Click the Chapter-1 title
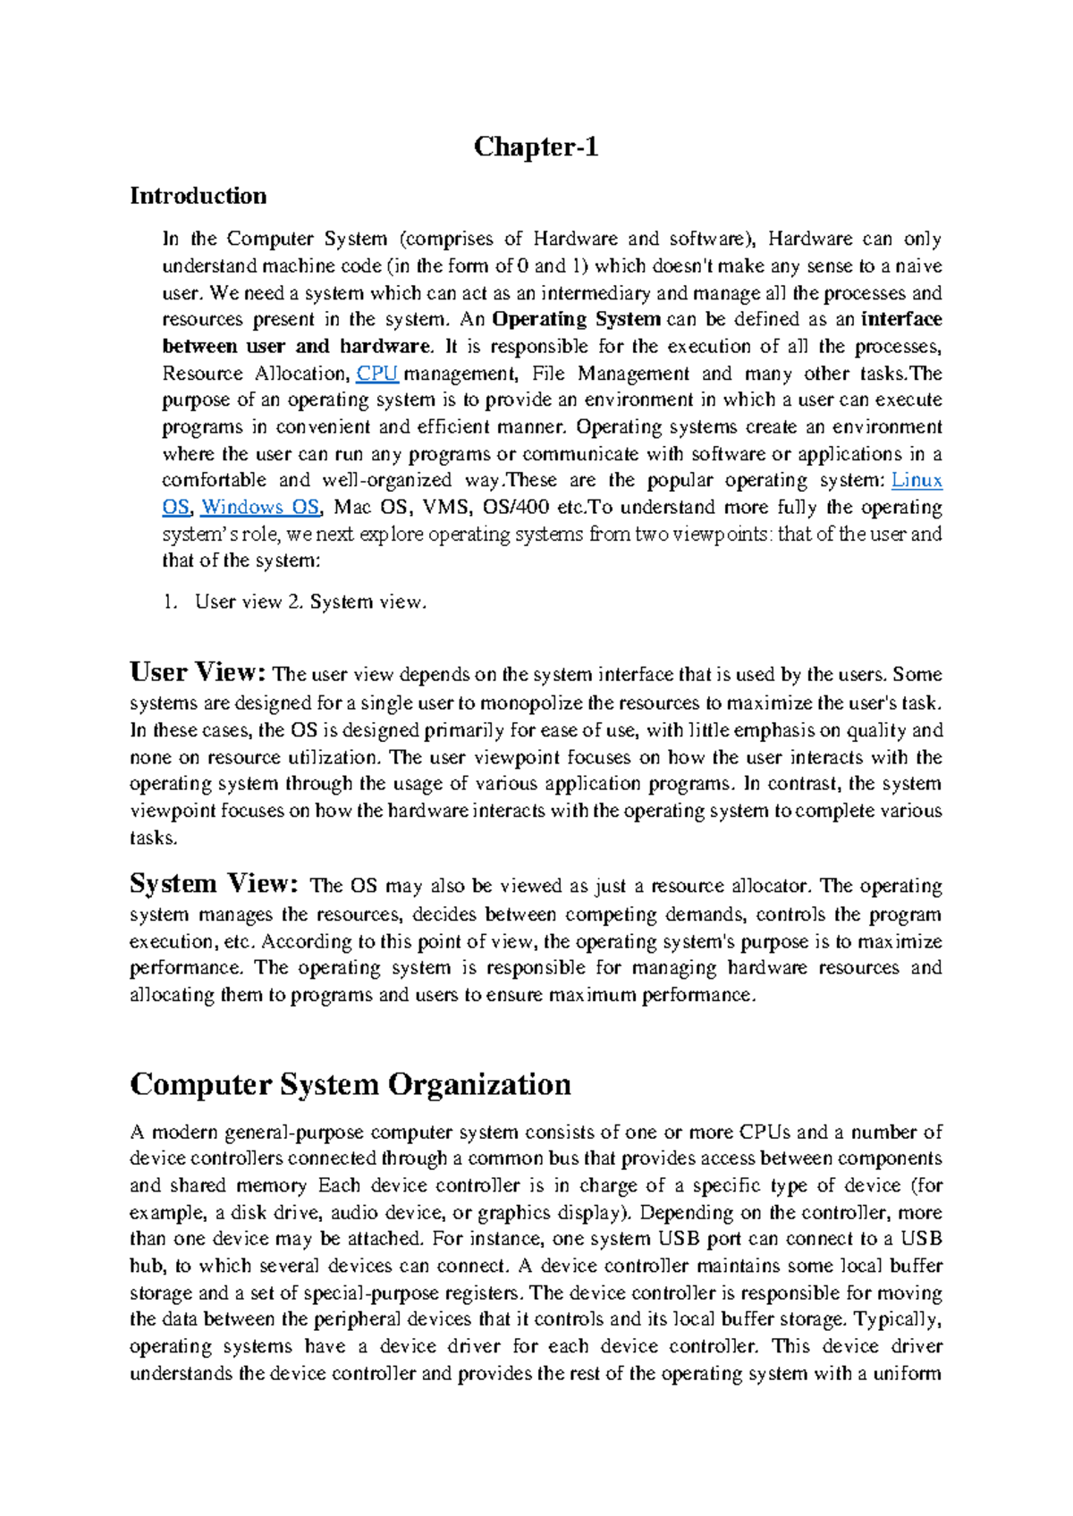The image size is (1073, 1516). pyautogui.click(x=536, y=147)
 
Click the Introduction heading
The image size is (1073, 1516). pyautogui.click(x=198, y=196)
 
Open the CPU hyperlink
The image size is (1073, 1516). pyautogui.click(x=376, y=374)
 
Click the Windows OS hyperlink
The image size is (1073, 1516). pyautogui.click(x=259, y=508)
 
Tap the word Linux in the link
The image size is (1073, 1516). pyautogui.click(x=917, y=481)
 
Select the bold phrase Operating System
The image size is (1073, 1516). pyautogui.click(x=576, y=320)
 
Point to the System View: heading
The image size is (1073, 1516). pyautogui.click(x=213, y=884)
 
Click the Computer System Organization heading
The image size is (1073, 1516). pyautogui.click(x=350, y=1084)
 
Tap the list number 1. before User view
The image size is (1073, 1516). pyautogui.click(x=170, y=602)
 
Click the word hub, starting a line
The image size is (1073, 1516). pyautogui.click(x=148, y=1267)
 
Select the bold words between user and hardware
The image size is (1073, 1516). pyautogui.click(x=296, y=347)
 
